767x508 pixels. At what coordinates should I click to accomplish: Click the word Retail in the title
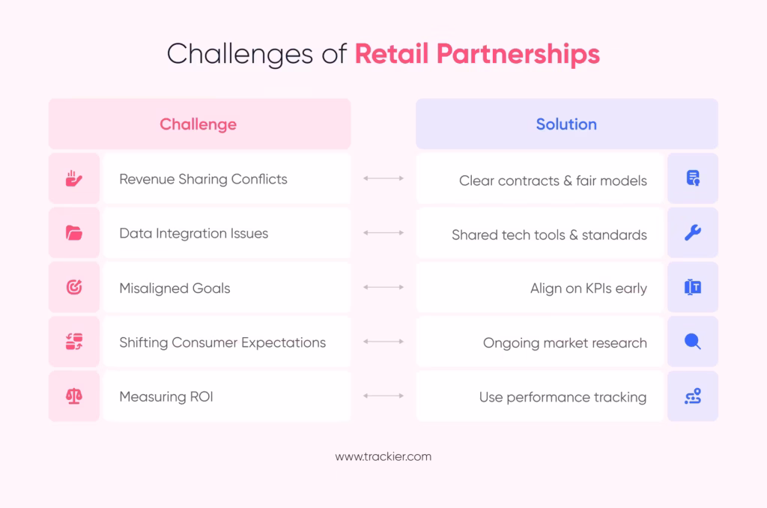[x=392, y=53]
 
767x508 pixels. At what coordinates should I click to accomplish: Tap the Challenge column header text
[x=198, y=124]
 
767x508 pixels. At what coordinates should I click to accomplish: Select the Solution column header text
[x=566, y=124]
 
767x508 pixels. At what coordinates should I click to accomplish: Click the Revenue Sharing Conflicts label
[x=203, y=180]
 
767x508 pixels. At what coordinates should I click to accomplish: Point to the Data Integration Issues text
[x=194, y=234]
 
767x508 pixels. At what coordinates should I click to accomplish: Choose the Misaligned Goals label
[x=175, y=288]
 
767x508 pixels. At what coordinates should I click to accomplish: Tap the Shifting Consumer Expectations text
[x=222, y=342]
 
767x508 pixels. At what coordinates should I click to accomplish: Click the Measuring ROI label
[x=166, y=396]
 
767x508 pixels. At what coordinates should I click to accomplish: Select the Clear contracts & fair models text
[x=553, y=181]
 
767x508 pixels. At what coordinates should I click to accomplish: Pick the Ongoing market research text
[x=565, y=343]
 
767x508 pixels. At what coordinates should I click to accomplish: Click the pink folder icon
[x=74, y=233]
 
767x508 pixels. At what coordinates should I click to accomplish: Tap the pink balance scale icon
[x=74, y=396]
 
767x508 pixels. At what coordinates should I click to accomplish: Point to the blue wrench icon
[x=693, y=232]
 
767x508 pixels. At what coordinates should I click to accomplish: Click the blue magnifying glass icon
[x=693, y=342]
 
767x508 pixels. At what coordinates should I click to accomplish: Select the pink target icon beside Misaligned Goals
[x=74, y=287]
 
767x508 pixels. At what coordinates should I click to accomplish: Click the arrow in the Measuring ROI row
[x=383, y=396]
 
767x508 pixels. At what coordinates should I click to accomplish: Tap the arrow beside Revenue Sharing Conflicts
[x=383, y=178]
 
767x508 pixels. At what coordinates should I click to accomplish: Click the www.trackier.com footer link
[x=383, y=456]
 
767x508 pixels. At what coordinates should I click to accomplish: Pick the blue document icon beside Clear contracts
[x=693, y=178]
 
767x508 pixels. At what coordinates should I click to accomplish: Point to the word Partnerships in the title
[x=518, y=55]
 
